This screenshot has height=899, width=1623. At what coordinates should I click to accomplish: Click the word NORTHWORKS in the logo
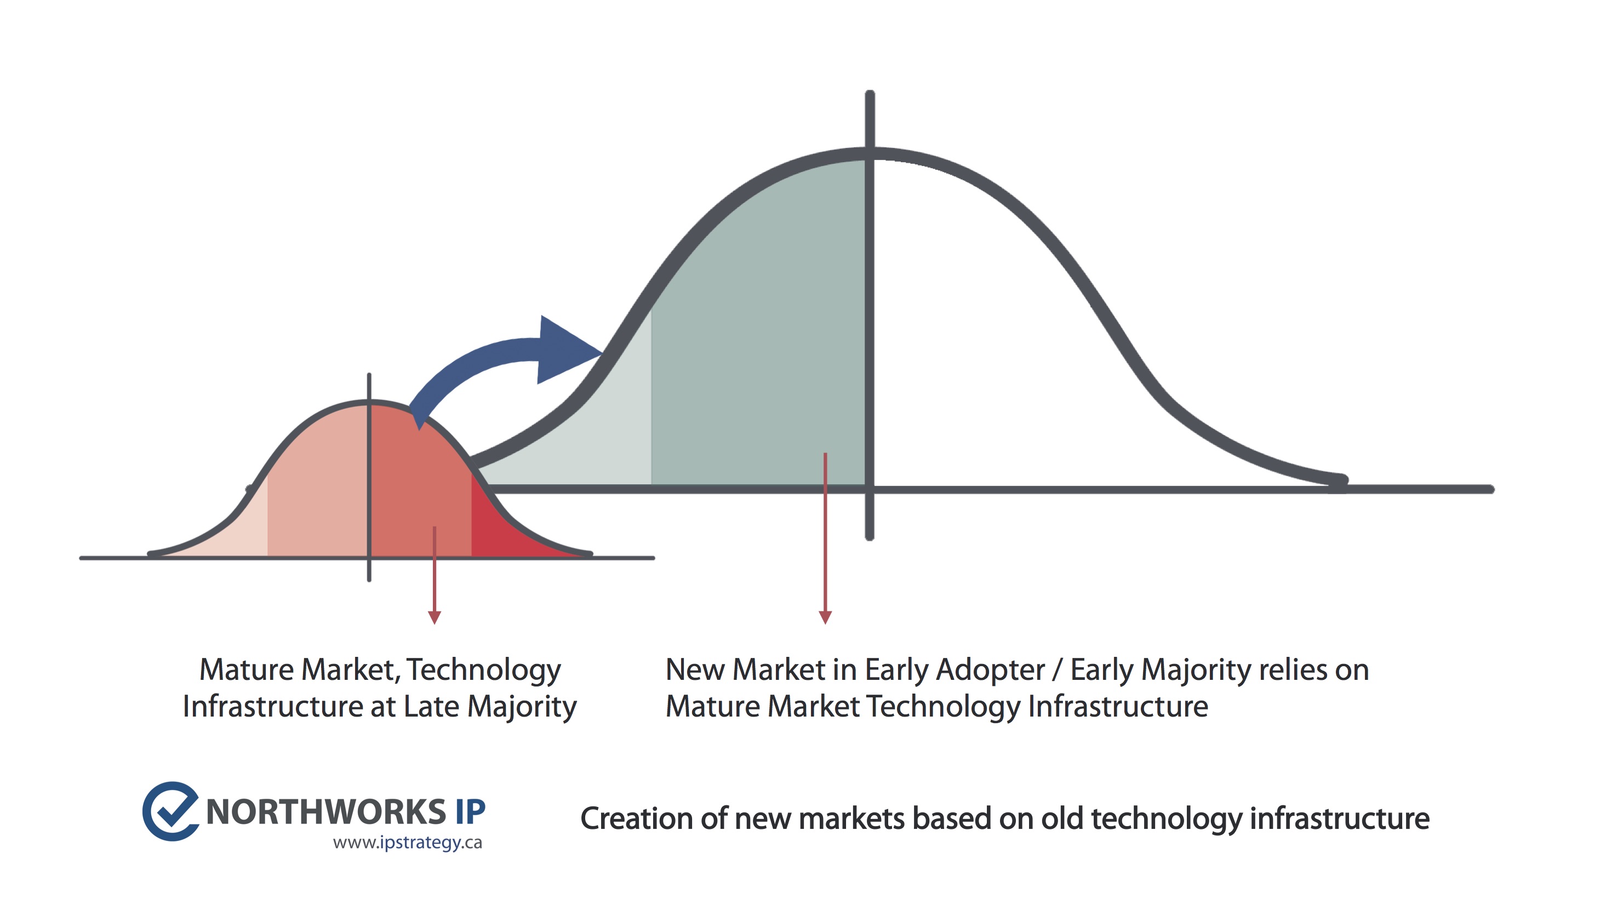click(325, 811)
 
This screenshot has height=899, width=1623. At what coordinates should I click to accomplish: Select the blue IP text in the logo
click(470, 811)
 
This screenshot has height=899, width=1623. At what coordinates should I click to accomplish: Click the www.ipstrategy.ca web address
click(408, 843)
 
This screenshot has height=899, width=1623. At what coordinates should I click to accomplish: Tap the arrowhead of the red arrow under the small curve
click(434, 617)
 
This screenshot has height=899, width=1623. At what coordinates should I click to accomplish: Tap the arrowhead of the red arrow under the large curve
click(825, 617)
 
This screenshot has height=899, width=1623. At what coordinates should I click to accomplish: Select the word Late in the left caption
click(431, 706)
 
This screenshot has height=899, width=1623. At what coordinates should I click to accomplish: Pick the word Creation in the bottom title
click(636, 818)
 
